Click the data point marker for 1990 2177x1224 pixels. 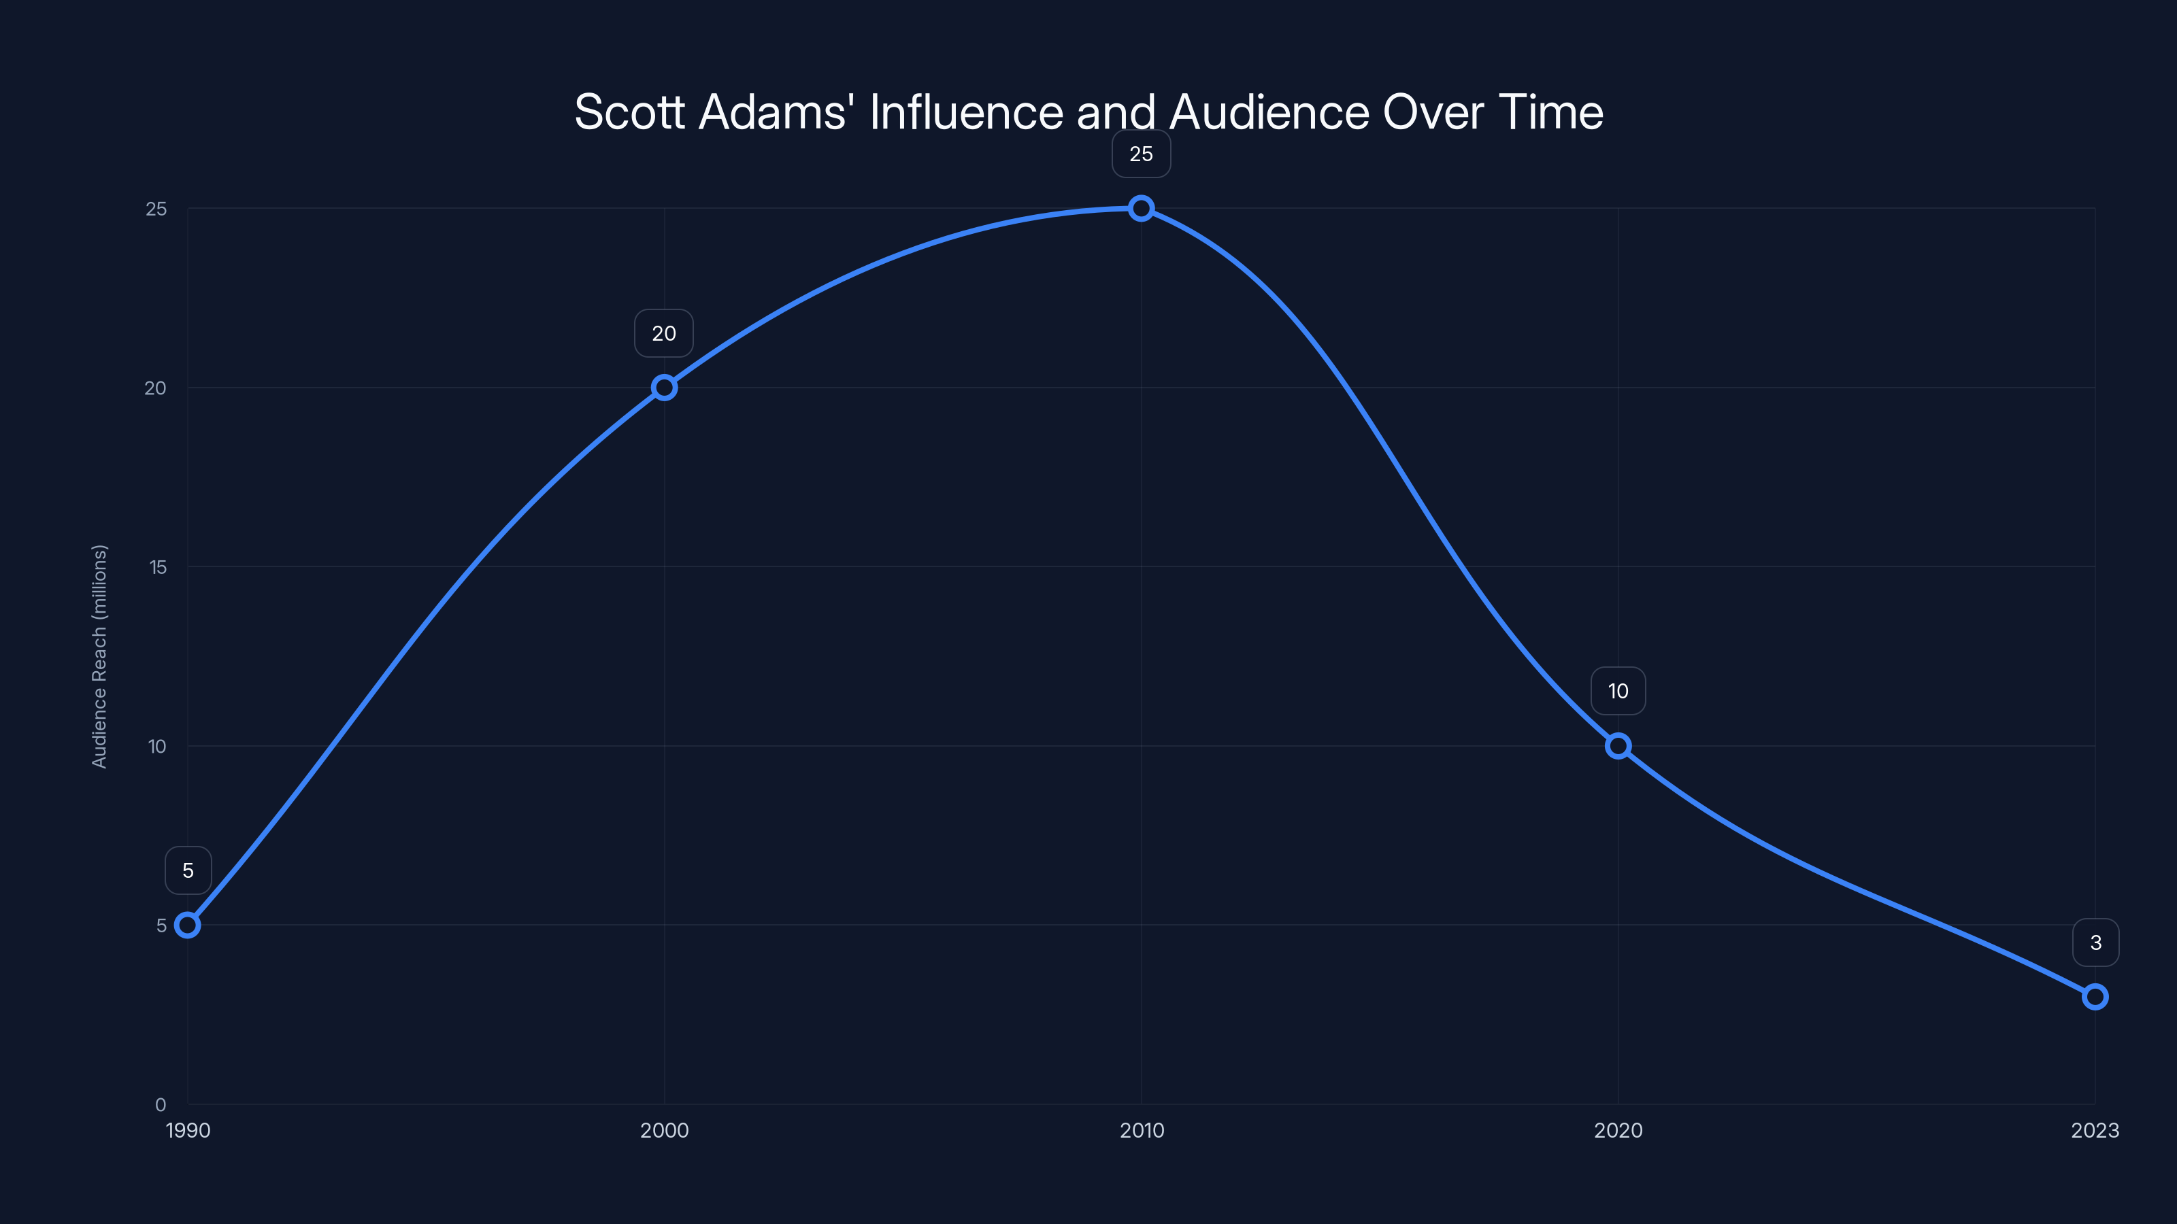(x=188, y=925)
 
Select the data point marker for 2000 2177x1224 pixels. (x=664, y=388)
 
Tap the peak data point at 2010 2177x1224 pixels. (x=1141, y=208)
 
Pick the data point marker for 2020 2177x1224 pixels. (x=1618, y=746)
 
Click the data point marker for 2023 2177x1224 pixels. (x=2095, y=997)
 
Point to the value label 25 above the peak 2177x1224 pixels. (x=1141, y=154)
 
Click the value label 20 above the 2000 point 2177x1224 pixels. (x=664, y=334)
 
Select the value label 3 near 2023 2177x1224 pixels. (x=2096, y=942)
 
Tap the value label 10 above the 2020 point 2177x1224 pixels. (x=1618, y=692)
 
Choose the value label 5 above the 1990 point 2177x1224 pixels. (x=188, y=871)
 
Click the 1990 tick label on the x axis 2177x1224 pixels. (x=188, y=1130)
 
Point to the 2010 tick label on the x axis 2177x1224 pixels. (x=1141, y=1130)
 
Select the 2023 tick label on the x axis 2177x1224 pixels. (x=2095, y=1130)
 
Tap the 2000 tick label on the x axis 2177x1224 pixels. (x=664, y=1130)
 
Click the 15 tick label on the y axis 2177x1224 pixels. (x=158, y=567)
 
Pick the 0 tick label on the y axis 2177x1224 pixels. (x=161, y=1104)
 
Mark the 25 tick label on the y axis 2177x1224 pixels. (x=156, y=209)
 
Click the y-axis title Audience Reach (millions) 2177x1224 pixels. (x=100, y=656)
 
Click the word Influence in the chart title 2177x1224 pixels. (x=966, y=112)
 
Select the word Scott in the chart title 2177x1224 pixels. (x=629, y=112)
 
